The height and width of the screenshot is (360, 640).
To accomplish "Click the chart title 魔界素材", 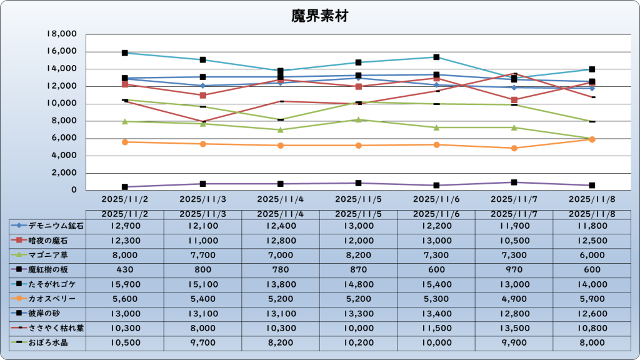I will [x=319, y=16].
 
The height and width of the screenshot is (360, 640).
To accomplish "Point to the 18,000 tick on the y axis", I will [x=61, y=34].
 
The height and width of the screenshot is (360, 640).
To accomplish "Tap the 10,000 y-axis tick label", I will [x=61, y=103].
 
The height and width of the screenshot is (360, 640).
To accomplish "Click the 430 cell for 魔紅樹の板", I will [x=124, y=269].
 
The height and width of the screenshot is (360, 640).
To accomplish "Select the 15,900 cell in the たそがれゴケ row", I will [x=124, y=284].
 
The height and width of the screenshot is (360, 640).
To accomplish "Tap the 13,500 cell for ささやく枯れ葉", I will [x=514, y=327].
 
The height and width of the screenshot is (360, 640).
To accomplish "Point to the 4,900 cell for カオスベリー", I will [x=514, y=298].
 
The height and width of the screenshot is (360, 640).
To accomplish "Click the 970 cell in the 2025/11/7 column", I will [x=514, y=269].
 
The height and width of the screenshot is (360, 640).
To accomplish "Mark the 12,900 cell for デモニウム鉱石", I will [x=124, y=225].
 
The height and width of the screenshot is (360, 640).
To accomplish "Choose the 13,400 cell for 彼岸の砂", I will [x=436, y=313].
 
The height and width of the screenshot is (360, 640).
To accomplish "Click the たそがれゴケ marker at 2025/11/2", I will [x=125, y=53].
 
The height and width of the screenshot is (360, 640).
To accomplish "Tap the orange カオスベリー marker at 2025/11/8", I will [x=592, y=139].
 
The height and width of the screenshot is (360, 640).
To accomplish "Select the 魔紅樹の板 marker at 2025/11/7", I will [x=514, y=182].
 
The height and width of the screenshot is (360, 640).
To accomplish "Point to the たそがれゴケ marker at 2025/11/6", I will [x=436, y=57].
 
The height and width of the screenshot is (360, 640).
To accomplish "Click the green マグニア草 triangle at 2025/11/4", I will [x=281, y=130].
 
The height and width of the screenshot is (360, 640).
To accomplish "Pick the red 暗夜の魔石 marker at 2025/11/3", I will [x=203, y=96].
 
